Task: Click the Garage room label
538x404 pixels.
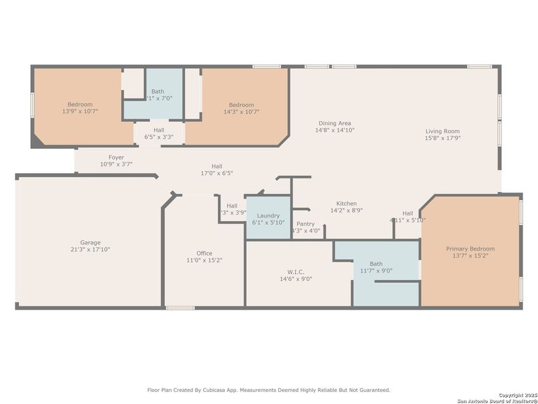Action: click(x=91, y=242)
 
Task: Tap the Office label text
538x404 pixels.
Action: click(x=204, y=253)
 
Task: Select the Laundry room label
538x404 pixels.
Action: click(x=268, y=215)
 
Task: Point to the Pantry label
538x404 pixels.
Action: click(x=305, y=224)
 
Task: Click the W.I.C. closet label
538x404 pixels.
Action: click(x=295, y=272)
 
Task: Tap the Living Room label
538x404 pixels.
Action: click(x=443, y=131)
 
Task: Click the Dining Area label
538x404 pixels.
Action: click(x=335, y=123)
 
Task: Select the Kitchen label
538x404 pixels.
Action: click(x=346, y=203)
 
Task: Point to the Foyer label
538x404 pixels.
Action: click(x=116, y=157)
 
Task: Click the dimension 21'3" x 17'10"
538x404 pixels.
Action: click(x=91, y=249)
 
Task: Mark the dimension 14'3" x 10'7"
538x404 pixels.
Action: click(x=241, y=112)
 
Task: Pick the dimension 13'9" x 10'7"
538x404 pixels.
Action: click(x=80, y=112)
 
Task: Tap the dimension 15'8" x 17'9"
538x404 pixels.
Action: click(x=443, y=138)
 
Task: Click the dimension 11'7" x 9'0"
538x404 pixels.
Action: click(x=376, y=271)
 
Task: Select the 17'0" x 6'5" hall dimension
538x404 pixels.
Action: click(x=217, y=173)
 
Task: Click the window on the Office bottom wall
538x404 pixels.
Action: click(x=180, y=308)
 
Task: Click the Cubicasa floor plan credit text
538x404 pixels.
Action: click(x=268, y=389)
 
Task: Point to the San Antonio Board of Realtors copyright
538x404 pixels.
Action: click(x=498, y=399)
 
